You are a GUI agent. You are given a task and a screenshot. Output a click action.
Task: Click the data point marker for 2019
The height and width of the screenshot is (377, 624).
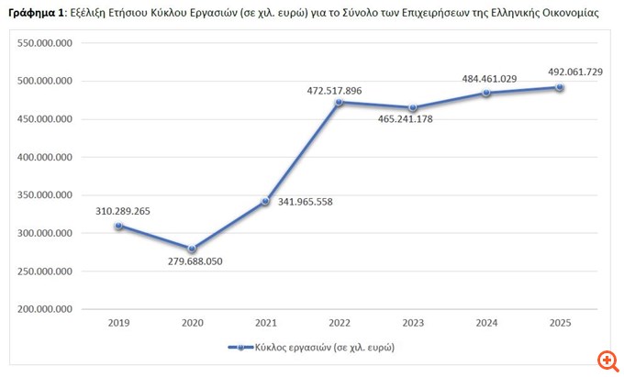[x=118, y=226]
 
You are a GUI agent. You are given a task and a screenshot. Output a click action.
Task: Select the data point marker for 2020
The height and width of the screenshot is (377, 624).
[x=192, y=249]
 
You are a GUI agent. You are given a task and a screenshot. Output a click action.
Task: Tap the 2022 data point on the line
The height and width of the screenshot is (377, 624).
[x=339, y=102]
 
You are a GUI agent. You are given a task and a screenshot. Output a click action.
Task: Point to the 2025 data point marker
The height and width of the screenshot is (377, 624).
[x=560, y=87]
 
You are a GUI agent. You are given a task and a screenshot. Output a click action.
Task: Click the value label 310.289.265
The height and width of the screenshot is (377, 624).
[x=123, y=211]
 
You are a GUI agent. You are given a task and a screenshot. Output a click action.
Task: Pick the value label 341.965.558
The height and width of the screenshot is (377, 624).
[x=304, y=201]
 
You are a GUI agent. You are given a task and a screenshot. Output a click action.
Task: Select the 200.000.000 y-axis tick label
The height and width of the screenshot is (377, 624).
[x=45, y=309]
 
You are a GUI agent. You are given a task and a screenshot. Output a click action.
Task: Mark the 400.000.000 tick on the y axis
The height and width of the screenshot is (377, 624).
[x=45, y=158]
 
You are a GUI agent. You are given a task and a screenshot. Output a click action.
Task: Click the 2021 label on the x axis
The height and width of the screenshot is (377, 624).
[x=265, y=323]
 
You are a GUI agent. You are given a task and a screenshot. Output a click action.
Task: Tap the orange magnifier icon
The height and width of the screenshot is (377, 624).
[x=606, y=359]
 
